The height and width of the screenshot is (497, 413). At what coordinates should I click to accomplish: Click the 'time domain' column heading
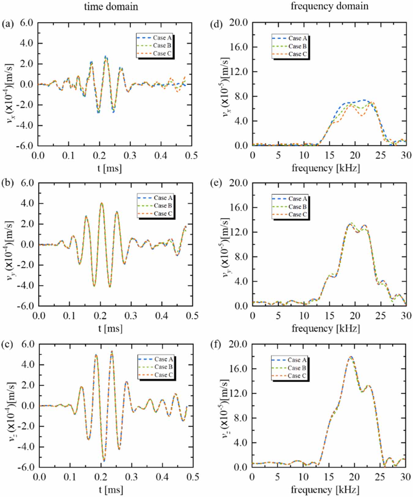coord(111,6)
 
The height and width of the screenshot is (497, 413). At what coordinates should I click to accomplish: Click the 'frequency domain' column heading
coord(329,6)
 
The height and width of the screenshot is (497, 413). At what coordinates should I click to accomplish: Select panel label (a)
coord(8,23)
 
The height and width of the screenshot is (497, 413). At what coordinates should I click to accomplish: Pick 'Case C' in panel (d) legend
coord(297,54)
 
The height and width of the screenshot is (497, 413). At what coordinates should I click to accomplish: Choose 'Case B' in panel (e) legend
coord(297,207)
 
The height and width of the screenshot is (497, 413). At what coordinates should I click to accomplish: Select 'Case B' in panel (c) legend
coord(163,367)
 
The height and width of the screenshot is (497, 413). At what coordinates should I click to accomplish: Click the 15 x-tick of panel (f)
coord(329,477)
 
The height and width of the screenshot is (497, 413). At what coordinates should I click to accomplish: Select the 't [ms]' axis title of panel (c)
coord(111,490)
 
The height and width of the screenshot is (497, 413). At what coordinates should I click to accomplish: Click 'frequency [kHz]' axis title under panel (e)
coord(326,329)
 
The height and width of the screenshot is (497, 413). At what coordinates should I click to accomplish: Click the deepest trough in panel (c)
coord(104,461)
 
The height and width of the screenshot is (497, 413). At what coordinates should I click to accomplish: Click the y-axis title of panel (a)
coord(12,84)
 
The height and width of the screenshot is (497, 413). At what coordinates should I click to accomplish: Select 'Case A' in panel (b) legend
coord(163,198)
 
